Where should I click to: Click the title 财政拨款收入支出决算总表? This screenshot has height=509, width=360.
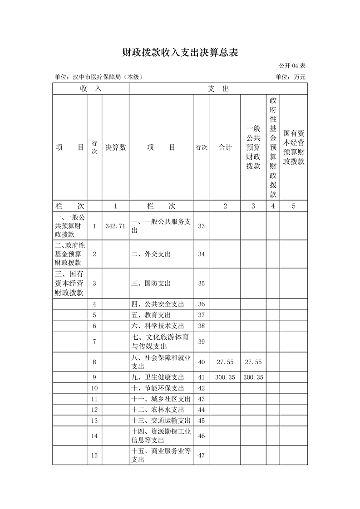[x=180, y=52]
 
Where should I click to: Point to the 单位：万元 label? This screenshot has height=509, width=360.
[x=291, y=77]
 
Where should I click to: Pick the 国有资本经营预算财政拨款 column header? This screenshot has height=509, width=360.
[x=294, y=147]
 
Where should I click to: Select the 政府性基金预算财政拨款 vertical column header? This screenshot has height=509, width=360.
[x=273, y=147]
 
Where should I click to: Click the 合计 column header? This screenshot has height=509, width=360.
[x=225, y=147]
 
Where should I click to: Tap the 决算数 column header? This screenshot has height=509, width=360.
[x=115, y=147]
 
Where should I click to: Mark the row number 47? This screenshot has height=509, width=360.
[x=202, y=455]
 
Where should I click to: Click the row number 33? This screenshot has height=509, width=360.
[x=202, y=226]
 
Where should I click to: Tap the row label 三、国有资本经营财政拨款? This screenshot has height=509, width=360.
[x=69, y=284]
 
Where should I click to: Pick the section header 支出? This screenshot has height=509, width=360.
[x=218, y=88]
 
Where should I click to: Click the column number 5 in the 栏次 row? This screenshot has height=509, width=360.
[x=294, y=206]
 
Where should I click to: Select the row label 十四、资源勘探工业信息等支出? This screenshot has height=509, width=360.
[x=161, y=436]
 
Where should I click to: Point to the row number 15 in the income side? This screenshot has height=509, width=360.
[x=94, y=455]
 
